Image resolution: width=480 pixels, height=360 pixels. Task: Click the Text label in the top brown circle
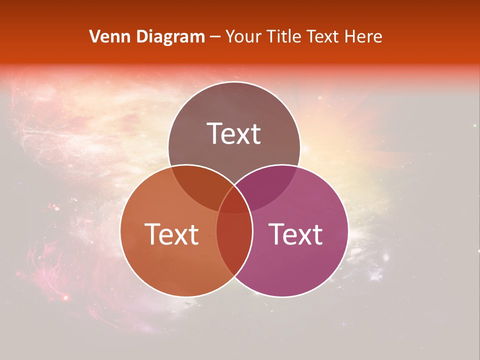point(234,134)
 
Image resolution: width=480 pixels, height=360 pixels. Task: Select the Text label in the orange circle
point(171,234)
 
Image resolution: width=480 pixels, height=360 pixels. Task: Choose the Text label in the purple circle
point(295,234)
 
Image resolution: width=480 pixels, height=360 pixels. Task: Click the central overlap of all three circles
point(234,202)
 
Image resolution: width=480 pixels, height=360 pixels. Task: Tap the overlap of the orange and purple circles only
point(234,245)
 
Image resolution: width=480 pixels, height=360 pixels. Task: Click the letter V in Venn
point(94,36)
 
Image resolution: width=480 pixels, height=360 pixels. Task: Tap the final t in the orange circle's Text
point(193,234)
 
